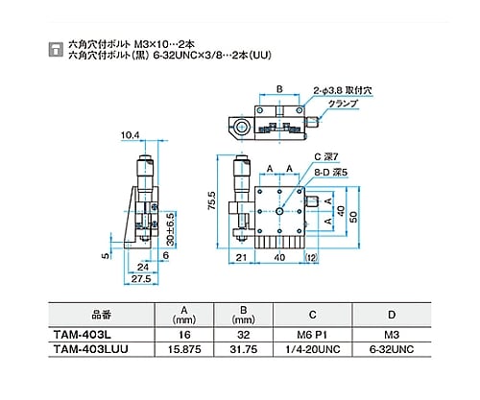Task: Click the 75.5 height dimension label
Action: coord(212,200)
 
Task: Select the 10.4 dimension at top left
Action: coord(131,135)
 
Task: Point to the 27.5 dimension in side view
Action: coord(141,278)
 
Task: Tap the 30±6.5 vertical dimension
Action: coord(171,229)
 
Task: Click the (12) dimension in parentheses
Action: coord(311,257)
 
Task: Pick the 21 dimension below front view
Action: coord(241,257)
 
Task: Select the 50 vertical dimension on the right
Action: coord(353,218)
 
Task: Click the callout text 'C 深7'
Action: coord(326,157)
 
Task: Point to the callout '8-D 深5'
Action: coord(330,173)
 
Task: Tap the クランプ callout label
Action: coord(343,104)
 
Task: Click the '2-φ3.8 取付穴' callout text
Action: coord(343,91)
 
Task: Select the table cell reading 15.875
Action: coord(184,349)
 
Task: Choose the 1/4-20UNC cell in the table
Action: coord(313,349)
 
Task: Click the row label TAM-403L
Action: coord(83,335)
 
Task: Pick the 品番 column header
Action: coord(102,315)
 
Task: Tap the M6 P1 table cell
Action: coord(312,335)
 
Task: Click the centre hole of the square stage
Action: coord(279,211)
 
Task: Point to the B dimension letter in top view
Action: coord(279,89)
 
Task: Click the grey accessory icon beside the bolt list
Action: coord(56,50)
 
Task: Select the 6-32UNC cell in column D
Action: coord(392,349)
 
